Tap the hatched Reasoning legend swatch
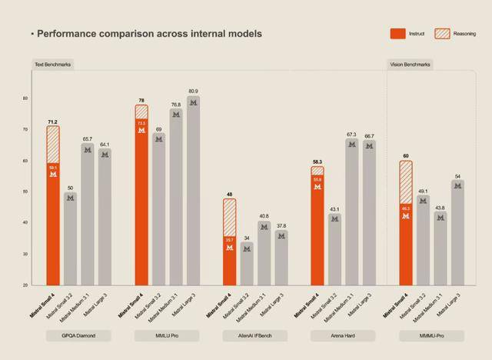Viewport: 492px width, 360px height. (442, 34)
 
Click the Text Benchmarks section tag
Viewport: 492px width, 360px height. (52, 65)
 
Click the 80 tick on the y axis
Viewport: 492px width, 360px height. (25, 98)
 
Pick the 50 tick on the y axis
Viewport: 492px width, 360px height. (25, 192)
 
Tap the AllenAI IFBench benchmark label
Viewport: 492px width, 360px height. (254, 335)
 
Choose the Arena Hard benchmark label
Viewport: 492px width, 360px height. (343, 335)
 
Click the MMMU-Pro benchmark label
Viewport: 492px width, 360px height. (432, 335)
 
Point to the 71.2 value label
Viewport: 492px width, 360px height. (52, 122)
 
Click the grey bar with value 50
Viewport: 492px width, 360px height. (70, 238)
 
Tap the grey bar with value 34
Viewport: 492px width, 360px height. (247, 263)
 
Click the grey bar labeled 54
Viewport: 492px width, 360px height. (458, 232)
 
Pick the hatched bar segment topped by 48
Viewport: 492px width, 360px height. (230, 217)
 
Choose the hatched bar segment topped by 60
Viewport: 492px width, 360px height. (405, 182)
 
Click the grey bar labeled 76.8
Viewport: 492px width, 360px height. (176, 196)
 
